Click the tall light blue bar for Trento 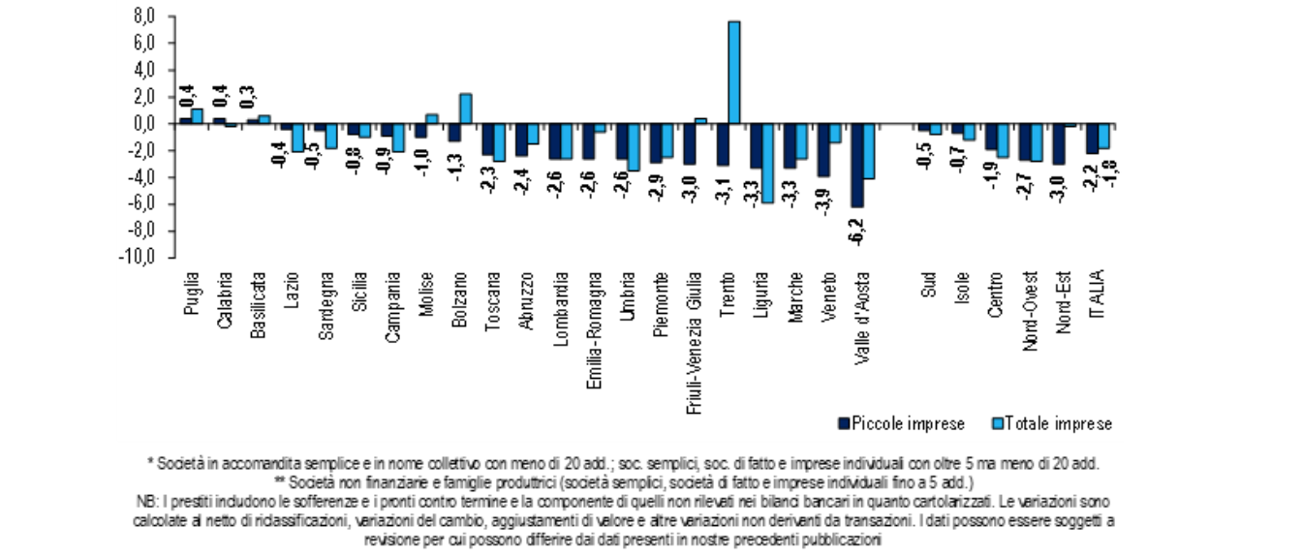(733, 73)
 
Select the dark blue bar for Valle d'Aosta (856, 165)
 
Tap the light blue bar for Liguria (768, 163)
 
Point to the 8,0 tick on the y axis (142, 16)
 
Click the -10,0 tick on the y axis (139, 258)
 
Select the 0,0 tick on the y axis (142, 124)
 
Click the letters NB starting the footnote (146, 502)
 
